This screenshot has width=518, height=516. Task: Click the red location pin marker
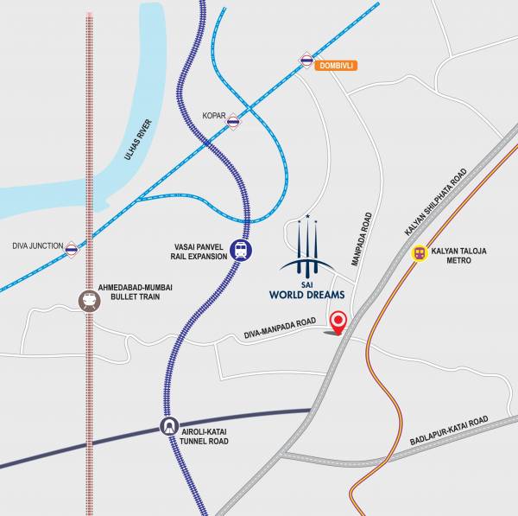click(338, 321)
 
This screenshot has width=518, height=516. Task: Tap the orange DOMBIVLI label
click(336, 66)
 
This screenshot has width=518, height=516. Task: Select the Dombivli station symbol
click(306, 60)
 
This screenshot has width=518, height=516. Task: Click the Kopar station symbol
click(233, 123)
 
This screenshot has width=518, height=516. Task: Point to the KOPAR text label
click(213, 114)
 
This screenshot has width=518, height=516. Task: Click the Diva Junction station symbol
click(72, 249)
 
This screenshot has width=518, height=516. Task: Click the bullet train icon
click(88, 300)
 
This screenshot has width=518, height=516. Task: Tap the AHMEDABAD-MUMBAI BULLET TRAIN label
click(142, 292)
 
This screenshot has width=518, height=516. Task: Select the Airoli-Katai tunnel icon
click(167, 427)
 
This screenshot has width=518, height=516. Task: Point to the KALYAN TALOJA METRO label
click(459, 256)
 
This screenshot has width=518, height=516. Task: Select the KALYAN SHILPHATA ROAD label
click(435, 202)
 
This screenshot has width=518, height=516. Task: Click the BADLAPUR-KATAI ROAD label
click(449, 431)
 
